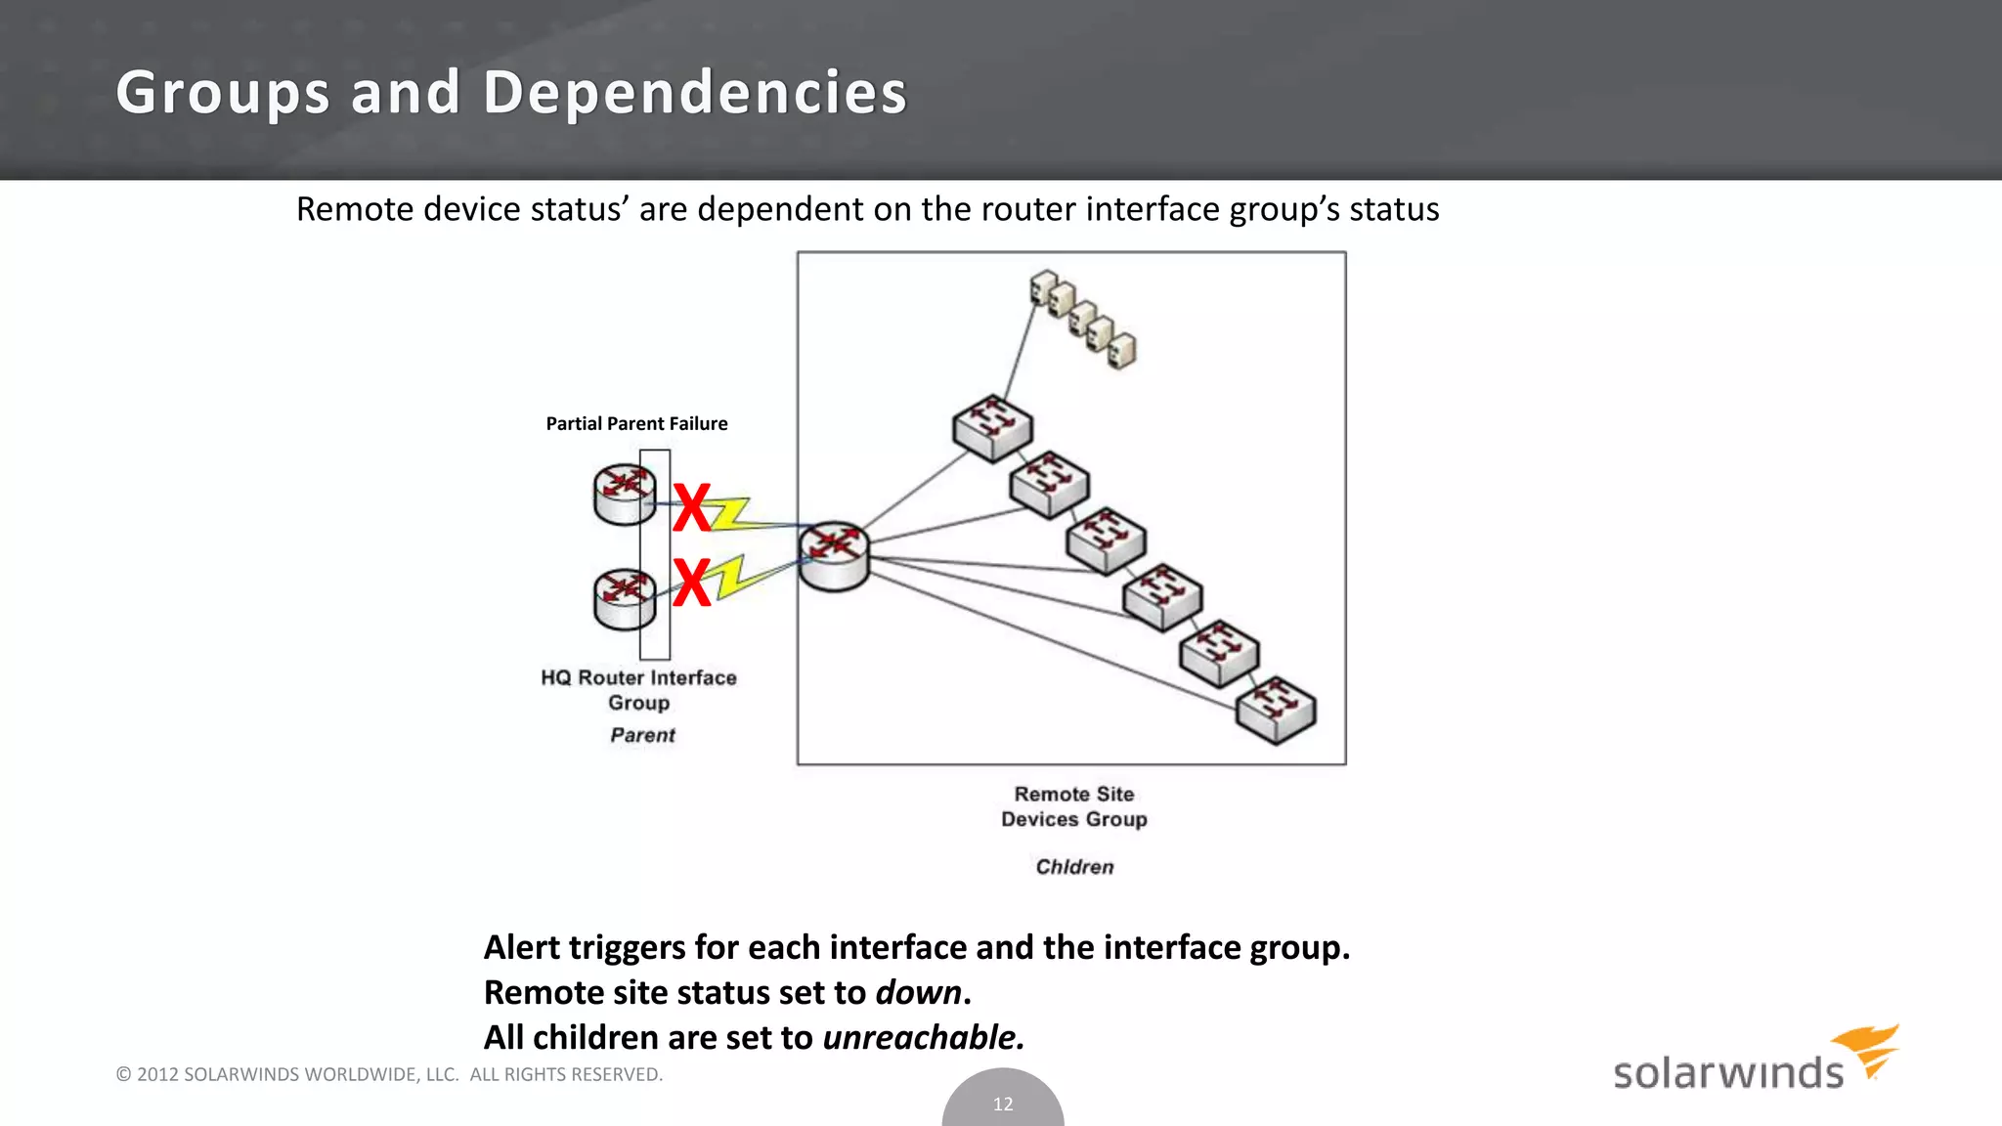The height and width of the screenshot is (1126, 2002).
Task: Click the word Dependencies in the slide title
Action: click(694, 93)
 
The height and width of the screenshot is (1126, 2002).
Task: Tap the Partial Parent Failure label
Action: click(636, 423)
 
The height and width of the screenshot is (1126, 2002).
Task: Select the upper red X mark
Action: click(692, 508)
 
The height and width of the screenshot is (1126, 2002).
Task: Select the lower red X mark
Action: click(692, 583)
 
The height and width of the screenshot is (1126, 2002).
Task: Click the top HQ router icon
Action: click(624, 494)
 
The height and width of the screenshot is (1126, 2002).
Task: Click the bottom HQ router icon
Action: click(624, 598)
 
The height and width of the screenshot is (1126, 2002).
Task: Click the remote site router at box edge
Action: click(834, 555)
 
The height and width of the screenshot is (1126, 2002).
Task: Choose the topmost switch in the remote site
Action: click(992, 427)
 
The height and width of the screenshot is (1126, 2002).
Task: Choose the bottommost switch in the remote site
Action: click(1276, 710)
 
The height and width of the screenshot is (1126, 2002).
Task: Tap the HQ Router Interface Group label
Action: click(638, 690)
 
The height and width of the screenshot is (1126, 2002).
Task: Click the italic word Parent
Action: click(642, 735)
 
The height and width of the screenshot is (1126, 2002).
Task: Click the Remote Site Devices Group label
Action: click(1073, 806)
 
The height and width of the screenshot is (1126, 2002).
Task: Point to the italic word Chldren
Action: click(1074, 867)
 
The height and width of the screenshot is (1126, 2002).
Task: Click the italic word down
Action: click(918, 993)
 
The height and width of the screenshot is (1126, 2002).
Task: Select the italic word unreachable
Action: click(923, 1038)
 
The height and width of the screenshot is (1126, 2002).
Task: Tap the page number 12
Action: click(1003, 1104)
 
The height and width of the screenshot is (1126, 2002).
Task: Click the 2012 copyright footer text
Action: click(389, 1074)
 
